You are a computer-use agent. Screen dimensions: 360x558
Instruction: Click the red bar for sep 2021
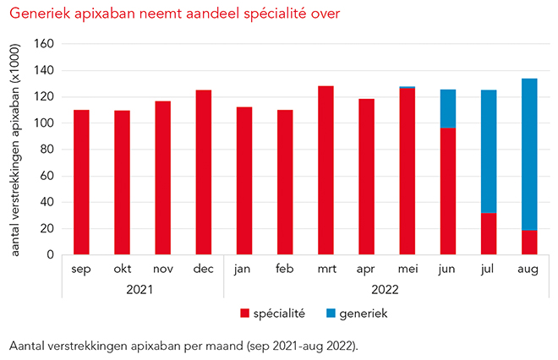point(81,182)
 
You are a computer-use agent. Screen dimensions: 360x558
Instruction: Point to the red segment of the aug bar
point(529,242)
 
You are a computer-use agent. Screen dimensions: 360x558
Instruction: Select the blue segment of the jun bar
point(448,109)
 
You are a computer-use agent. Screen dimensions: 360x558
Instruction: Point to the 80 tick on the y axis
point(47,149)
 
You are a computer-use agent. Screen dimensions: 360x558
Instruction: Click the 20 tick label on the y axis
point(47,228)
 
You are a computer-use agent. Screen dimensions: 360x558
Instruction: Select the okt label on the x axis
point(123,270)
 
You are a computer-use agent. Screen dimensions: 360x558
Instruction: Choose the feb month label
point(285,270)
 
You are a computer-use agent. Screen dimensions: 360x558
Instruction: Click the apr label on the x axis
point(366,270)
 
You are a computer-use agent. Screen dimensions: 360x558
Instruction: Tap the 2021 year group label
point(142,290)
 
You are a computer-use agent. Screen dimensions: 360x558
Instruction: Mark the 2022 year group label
point(386,290)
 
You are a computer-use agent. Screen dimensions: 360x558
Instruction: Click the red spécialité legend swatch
point(245,314)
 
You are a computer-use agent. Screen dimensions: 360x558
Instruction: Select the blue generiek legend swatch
point(332,314)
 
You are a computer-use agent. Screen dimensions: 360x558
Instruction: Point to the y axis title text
point(17,147)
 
